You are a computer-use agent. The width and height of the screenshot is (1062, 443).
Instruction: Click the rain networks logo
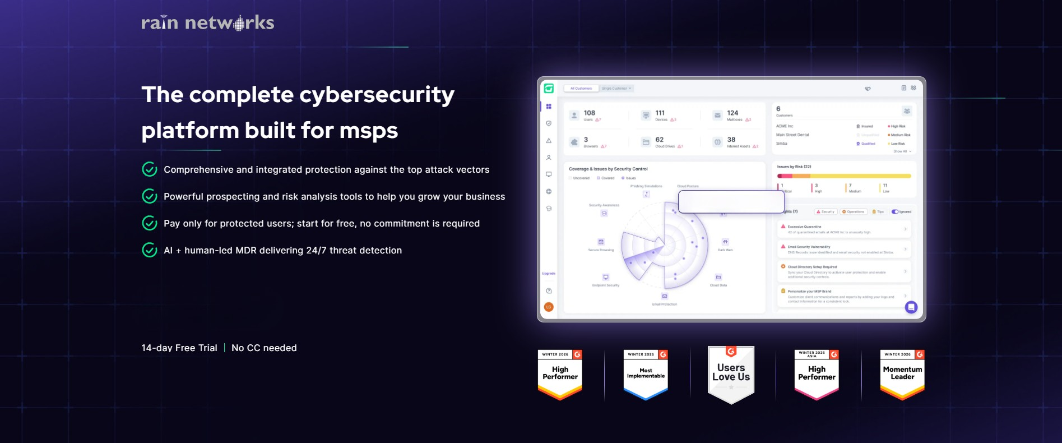coord(207,22)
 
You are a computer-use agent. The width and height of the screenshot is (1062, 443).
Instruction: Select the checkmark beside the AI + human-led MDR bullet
coord(150,250)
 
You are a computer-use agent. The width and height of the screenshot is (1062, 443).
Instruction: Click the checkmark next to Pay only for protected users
coord(150,223)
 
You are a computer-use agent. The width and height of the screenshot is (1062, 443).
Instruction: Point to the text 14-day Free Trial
coord(179,348)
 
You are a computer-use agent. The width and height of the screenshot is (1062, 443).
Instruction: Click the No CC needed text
coord(264,348)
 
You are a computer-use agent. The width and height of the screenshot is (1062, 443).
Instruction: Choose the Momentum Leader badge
coord(902,374)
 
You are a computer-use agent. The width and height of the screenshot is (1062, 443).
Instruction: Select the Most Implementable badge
coord(646,374)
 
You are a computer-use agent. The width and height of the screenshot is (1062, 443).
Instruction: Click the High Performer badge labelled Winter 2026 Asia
coord(817,374)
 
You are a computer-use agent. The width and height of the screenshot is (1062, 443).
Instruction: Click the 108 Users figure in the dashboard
coord(588,115)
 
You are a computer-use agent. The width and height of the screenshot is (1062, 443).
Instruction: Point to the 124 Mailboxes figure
coord(732,115)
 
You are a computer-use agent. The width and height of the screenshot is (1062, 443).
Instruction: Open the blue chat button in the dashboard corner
coord(911,307)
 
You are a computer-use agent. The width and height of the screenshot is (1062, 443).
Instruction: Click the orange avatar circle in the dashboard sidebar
coord(549,307)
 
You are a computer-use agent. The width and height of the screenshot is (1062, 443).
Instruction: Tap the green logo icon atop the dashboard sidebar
coord(549,89)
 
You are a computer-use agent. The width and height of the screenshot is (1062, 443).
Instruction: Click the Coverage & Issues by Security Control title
coord(608,169)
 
